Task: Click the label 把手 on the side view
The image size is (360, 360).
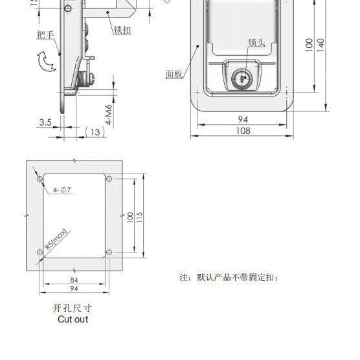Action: click(46, 34)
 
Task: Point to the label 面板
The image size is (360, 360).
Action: click(174, 74)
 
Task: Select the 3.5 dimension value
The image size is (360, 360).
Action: click(45, 122)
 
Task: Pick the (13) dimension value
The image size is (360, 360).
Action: click(95, 131)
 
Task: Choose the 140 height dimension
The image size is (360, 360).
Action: click(320, 44)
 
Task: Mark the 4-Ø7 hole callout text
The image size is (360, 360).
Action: click(62, 190)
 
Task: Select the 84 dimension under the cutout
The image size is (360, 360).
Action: click(74, 280)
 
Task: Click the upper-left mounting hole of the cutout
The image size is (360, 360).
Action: click(40, 179)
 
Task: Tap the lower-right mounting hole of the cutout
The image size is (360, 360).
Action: click(109, 252)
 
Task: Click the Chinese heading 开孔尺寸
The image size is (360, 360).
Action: click(73, 309)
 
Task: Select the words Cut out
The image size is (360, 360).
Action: click(73, 319)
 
